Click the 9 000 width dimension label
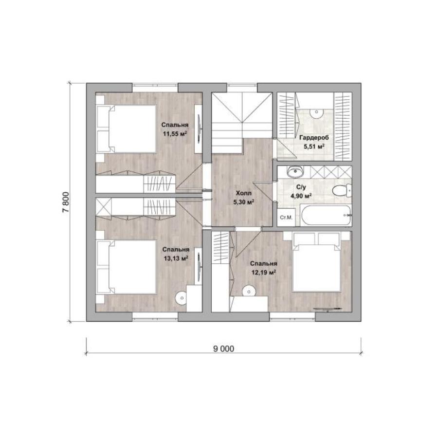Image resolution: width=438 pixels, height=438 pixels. [223, 348]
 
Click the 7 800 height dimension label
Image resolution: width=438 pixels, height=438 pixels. [66, 202]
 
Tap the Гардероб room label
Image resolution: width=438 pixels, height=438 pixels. [314, 137]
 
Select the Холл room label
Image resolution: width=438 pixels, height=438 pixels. [244, 193]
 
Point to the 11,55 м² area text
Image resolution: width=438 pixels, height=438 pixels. [175, 134]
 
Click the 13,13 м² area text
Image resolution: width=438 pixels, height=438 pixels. [176, 258]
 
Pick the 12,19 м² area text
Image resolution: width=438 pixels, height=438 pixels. [264, 273]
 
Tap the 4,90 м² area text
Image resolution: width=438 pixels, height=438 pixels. [301, 196]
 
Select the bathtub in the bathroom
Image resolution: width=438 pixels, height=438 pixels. [326, 216]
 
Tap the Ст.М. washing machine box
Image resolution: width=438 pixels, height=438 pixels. [286, 217]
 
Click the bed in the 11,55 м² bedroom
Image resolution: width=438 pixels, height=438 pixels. [126, 129]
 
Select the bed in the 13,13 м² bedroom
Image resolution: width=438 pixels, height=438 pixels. [126, 267]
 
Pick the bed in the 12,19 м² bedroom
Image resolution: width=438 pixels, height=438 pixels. [317, 262]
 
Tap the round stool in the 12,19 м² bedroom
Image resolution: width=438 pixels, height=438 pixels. [249, 292]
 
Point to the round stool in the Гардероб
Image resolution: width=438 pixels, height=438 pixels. [316, 112]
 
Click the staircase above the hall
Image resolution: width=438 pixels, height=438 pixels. [241, 123]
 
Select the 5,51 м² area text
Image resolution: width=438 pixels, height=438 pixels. [314, 146]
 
